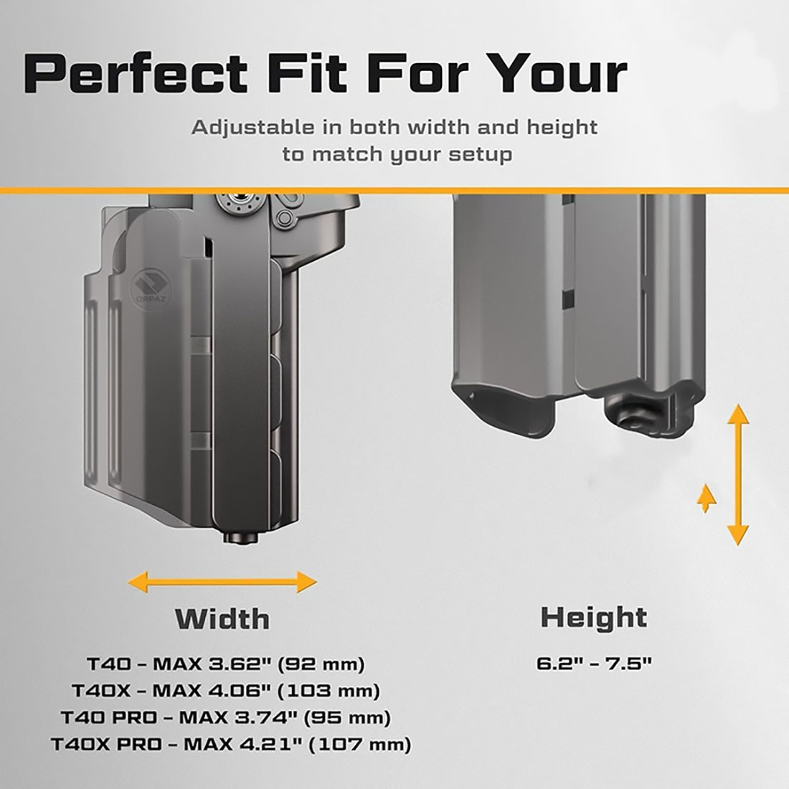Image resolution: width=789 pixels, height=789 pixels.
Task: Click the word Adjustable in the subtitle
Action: [x=252, y=128]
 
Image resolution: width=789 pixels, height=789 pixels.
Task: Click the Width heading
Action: [x=222, y=618]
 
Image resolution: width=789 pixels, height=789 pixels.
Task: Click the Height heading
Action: [x=594, y=618]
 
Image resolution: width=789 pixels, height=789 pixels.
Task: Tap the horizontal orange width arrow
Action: [x=222, y=582]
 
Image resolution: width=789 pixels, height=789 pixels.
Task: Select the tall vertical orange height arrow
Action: [x=738, y=475]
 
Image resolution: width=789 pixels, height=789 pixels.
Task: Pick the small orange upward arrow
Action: [x=707, y=499]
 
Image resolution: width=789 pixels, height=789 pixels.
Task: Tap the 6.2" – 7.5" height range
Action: [x=594, y=663]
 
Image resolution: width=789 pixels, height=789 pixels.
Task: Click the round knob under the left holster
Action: [x=241, y=537]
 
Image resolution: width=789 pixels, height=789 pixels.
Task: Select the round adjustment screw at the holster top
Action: [x=240, y=203]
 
